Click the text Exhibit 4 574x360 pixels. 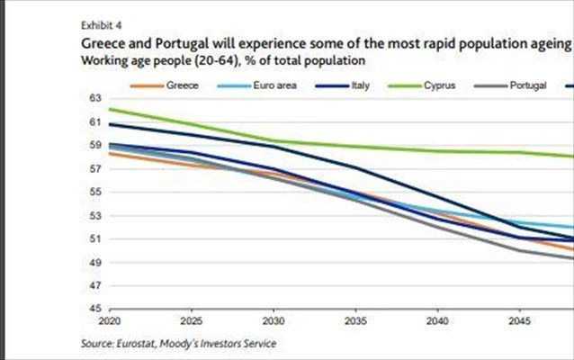coord(99,24)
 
